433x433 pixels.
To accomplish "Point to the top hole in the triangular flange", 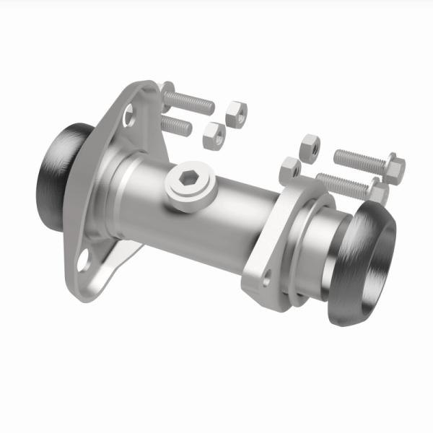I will (129, 114).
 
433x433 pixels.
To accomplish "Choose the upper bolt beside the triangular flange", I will (191, 101).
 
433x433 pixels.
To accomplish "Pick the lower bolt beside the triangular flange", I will (178, 126).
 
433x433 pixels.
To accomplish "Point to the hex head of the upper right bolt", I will (394, 167).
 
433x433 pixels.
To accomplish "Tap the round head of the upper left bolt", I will (167, 93).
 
